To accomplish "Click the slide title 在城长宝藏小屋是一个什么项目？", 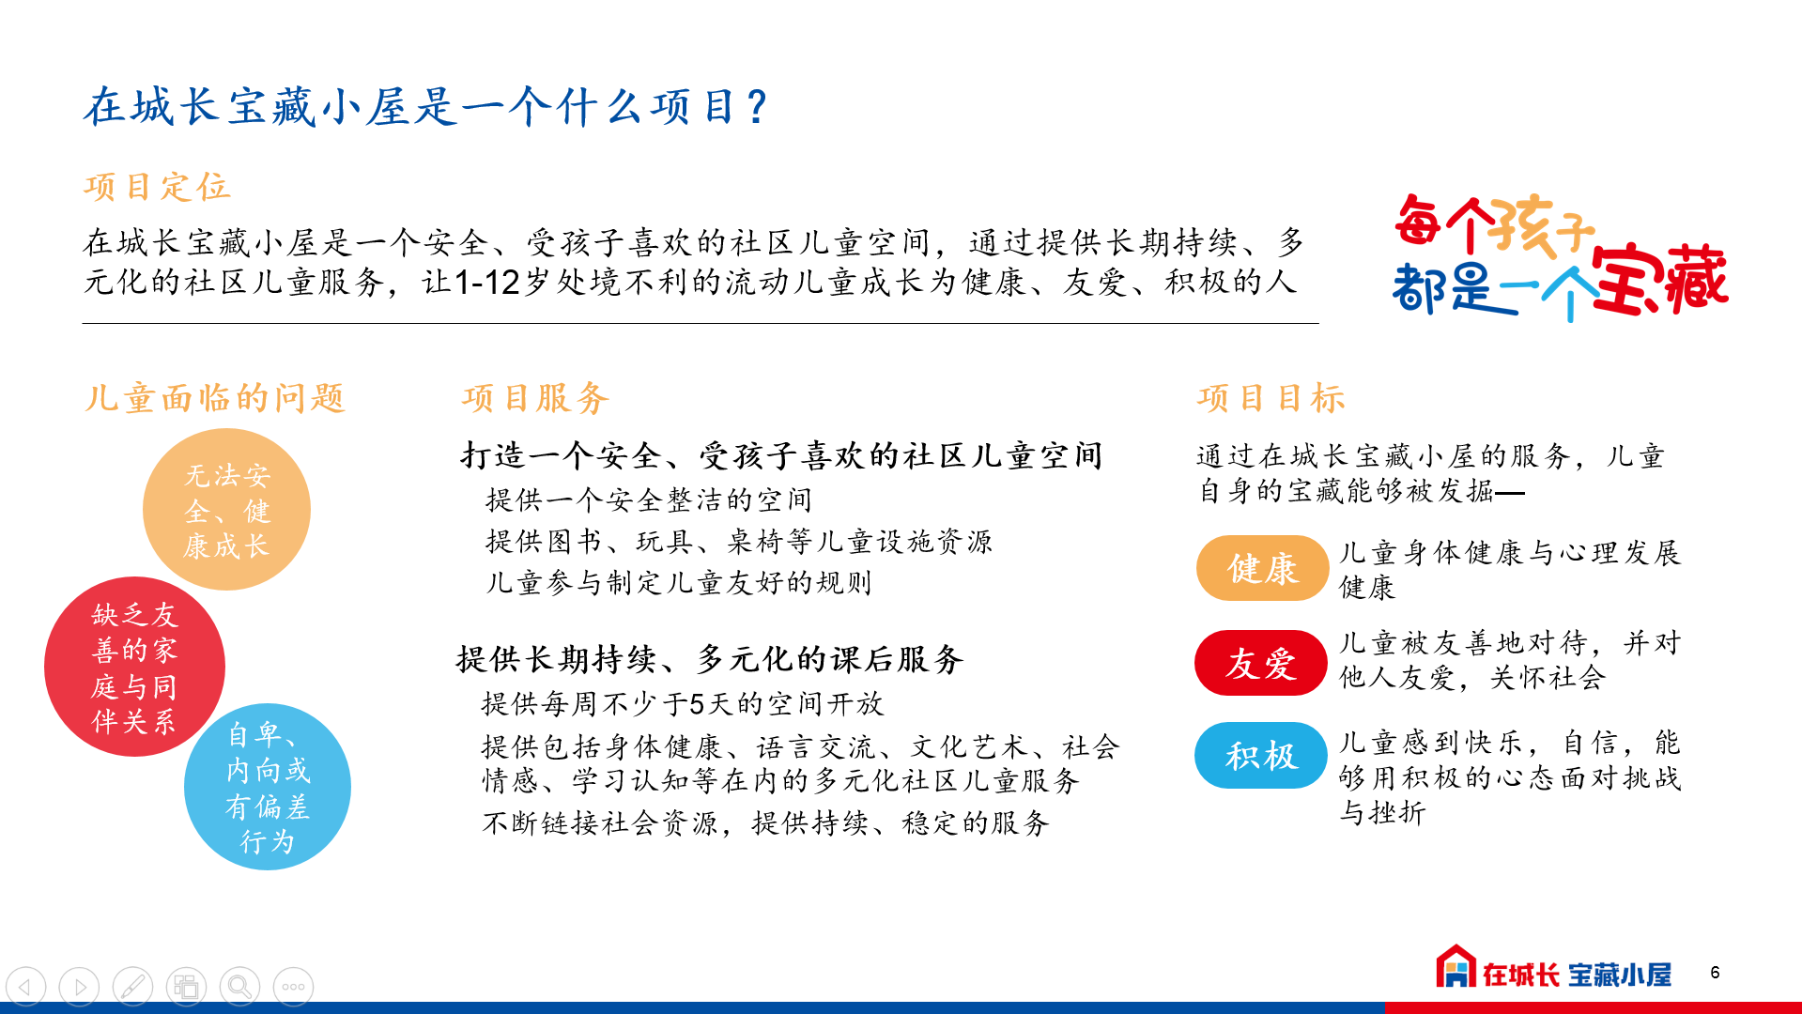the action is coord(426,106).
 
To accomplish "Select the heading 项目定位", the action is coord(157,187).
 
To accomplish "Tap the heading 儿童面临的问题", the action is coord(215,398).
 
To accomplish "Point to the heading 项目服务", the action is coord(535,398).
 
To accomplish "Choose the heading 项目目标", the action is coord(1271,398).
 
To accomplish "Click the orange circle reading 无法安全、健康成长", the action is coord(226,510).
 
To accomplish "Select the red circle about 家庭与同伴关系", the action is coord(134,667).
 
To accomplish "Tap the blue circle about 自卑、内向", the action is coord(268,787).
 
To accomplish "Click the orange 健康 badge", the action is coord(1262,568).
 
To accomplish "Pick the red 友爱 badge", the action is coord(1261,663).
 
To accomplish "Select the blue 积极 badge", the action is coord(1261,755).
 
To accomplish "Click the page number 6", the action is coord(1715,973).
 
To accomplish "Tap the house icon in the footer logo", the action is coord(1455,966).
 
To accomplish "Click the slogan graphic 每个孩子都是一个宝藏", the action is coord(1560,256).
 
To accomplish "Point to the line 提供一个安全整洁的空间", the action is coord(648,499).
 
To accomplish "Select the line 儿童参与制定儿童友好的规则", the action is coord(678,582).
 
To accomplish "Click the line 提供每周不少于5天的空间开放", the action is coord(683,703).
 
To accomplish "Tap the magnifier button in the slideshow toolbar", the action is coord(239,987).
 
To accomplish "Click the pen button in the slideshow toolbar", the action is coord(132,987).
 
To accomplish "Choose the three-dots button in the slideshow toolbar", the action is coord(293,987).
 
